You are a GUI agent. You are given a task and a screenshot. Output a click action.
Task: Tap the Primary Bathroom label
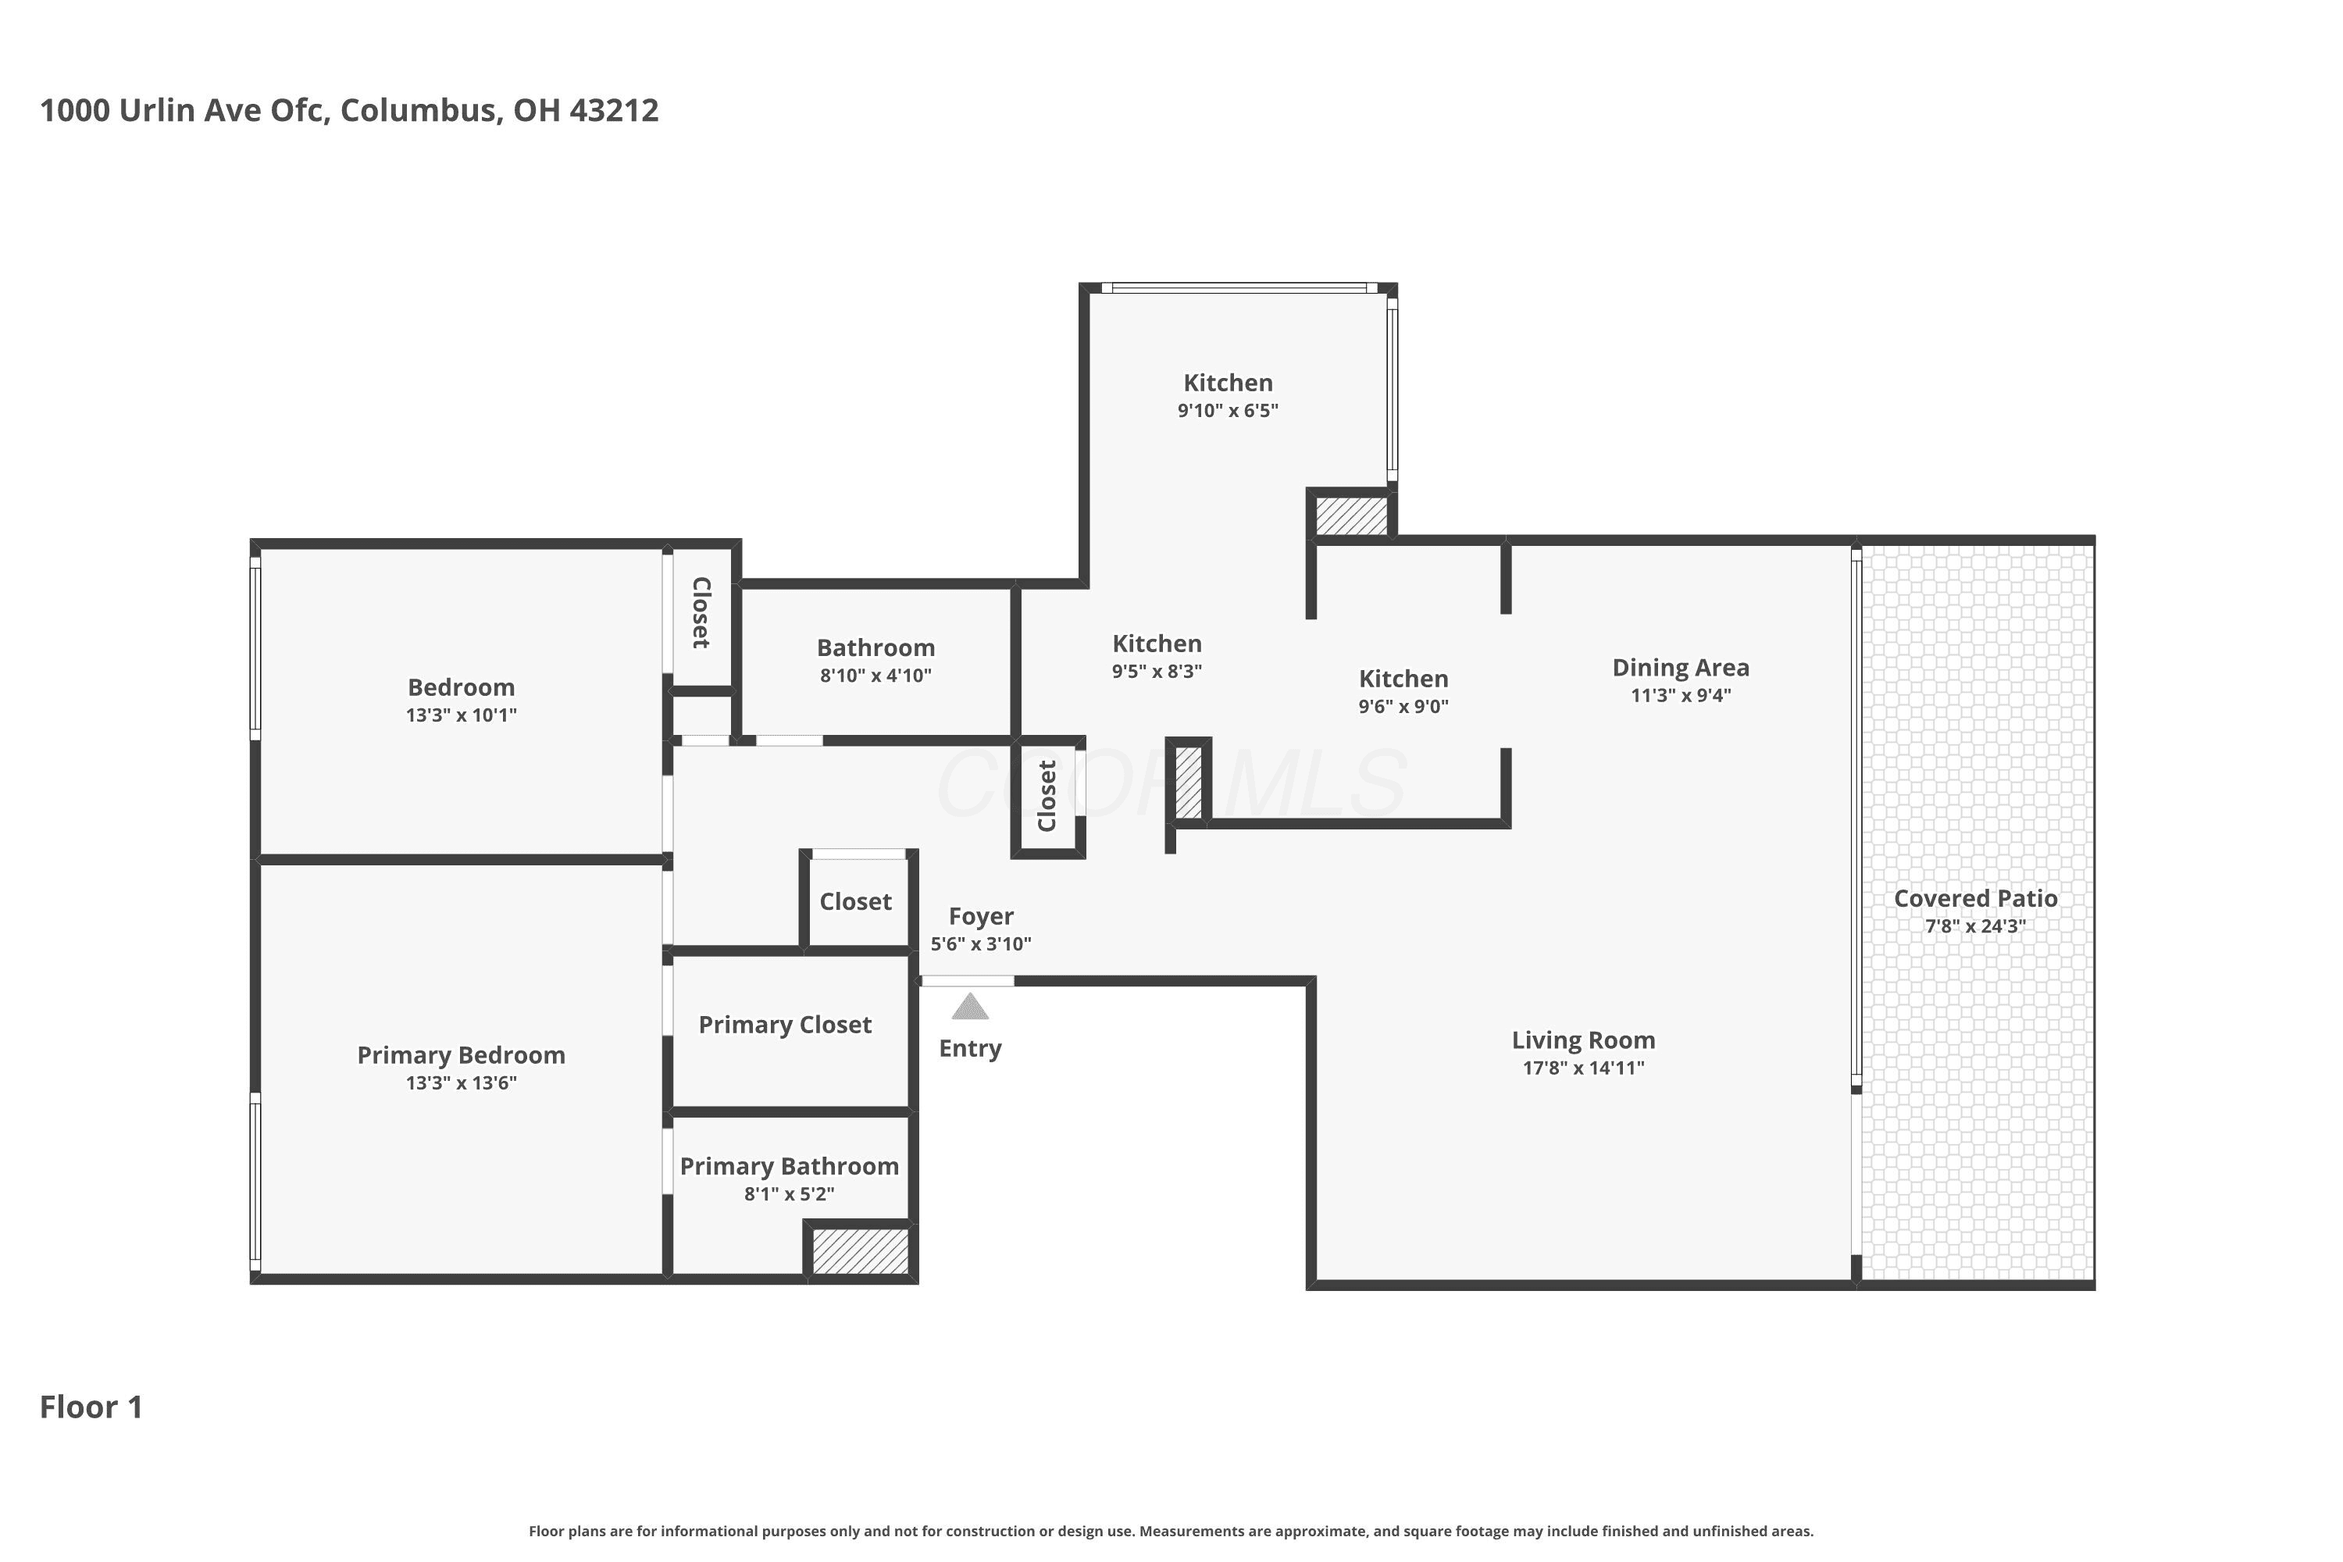789,1167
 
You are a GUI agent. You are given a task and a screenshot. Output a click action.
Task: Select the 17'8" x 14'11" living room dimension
1583,1068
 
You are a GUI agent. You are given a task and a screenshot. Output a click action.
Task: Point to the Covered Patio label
1975,899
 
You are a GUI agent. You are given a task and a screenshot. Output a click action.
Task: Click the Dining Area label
1681,668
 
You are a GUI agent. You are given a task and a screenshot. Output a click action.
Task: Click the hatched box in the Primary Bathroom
860,1251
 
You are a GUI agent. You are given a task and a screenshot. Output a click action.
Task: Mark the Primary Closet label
785,1025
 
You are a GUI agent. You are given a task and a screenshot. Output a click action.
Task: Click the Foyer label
981,916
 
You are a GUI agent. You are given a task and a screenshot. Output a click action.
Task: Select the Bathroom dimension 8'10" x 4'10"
876,676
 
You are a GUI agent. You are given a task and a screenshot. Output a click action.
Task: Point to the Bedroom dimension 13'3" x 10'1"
462,715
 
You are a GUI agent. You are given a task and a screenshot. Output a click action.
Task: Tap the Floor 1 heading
91,1407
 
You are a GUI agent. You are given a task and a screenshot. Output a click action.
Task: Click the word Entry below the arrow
970,1048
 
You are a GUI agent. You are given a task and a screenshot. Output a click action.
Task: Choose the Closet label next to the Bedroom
701,612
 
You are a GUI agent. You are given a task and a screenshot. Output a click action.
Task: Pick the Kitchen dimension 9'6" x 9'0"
1403,706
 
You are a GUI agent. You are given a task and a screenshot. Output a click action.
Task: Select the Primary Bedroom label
462,1055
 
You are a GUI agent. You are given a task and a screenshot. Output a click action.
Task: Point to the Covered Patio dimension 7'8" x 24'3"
1975,926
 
